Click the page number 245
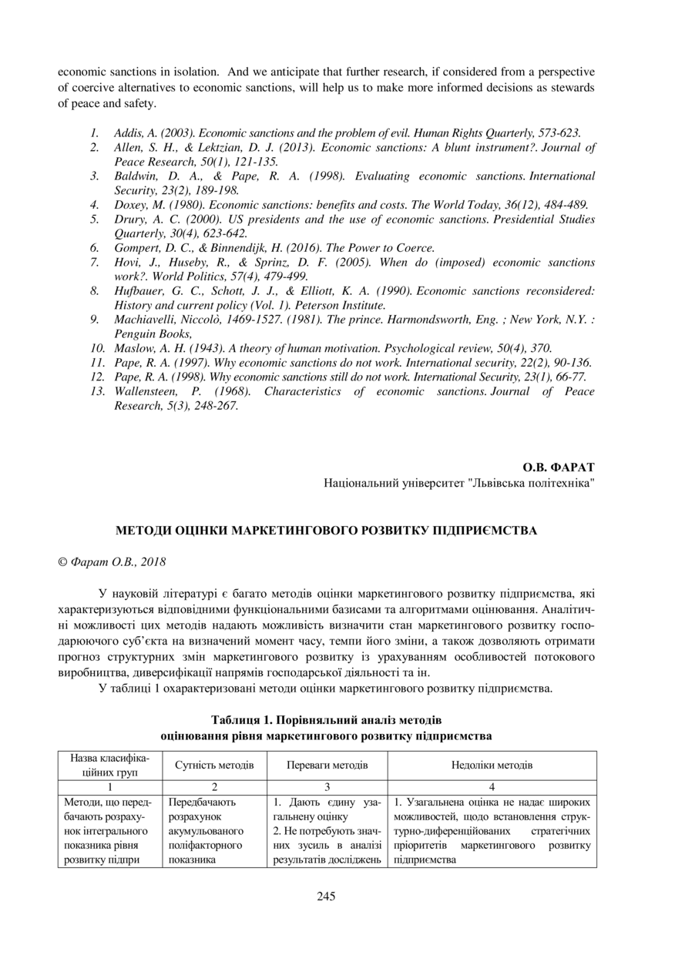[x=326, y=896]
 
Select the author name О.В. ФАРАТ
[x=559, y=467]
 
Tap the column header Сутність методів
[x=214, y=766]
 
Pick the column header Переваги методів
[x=327, y=766]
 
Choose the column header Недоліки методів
[x=492, y=766]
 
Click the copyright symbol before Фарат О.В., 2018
[x=62, y=562]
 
